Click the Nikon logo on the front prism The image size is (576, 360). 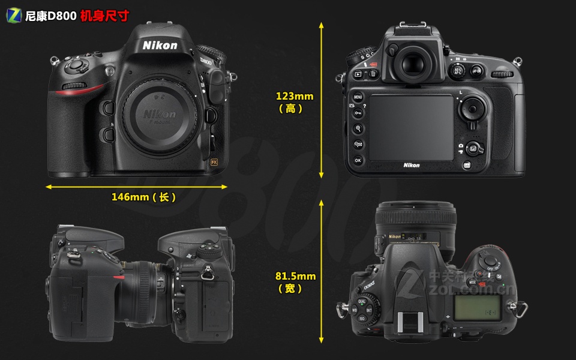click(160, 45)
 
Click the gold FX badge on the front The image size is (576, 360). click(213, 162)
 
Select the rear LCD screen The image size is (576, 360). click(411, 127)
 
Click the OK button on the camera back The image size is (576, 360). click(358, 160)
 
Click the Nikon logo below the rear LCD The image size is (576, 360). click(412, 165)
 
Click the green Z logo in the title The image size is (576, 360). click(14, 16)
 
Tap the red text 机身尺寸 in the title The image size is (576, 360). click(104, 16)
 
